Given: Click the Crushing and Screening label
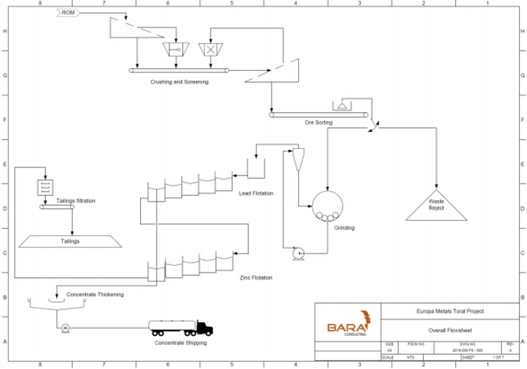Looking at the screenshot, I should (179, 81).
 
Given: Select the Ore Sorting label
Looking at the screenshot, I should (319, 122).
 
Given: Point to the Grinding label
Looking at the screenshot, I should (345, 227).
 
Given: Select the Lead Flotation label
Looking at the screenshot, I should (256, 193).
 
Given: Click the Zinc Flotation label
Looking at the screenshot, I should (256, 277).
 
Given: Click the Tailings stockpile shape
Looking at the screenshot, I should (71, 240).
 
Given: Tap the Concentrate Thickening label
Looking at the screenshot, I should (96, 294).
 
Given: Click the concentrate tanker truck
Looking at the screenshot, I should (181, 328).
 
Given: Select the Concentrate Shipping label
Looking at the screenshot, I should (180, 343).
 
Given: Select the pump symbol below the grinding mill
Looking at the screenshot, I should (297, 253).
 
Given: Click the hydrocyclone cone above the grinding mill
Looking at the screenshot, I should (297, 160).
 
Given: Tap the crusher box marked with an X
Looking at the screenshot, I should (212, 50).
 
